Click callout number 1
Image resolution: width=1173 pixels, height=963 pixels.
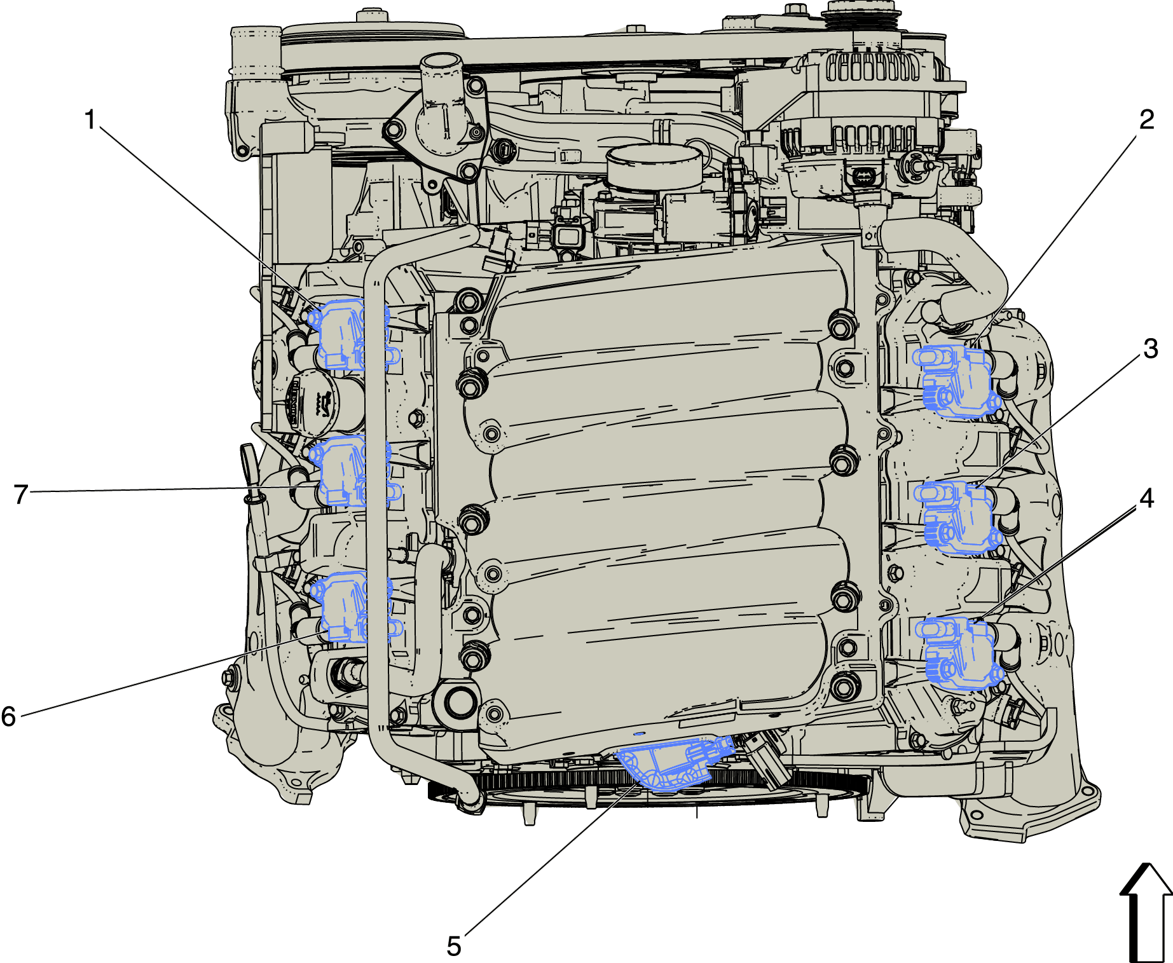coord(90,120)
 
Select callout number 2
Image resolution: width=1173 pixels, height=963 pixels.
coord(1146,120)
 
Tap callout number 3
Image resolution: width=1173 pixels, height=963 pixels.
coord(1151,348)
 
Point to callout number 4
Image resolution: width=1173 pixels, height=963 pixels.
coord(1146,498)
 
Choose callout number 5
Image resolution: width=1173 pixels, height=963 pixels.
coord(454,946)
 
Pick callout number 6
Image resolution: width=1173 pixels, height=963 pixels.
coord(8,716)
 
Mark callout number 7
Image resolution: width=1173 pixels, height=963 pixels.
coord(21,494)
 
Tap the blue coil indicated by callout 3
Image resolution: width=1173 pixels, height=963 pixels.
coord(956,517)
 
